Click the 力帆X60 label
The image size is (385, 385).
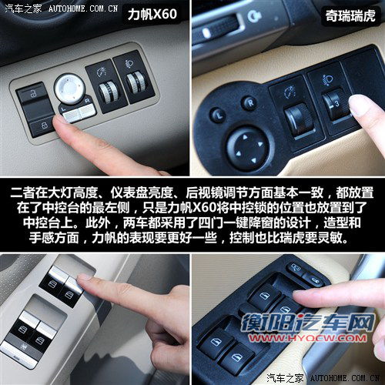[152, 14]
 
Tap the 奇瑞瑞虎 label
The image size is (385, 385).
[350, 16]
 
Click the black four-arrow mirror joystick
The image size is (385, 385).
[248, 149]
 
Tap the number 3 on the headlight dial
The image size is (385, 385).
[336, 103]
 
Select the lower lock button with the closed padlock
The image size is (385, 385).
[42, 126]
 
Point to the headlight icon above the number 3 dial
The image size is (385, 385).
[327, 80]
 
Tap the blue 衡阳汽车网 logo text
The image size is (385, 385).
[307, 323]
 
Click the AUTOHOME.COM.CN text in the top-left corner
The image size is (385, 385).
[83, 9]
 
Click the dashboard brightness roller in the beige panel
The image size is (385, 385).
[108, 92]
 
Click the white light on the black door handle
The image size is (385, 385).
[206, 33]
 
